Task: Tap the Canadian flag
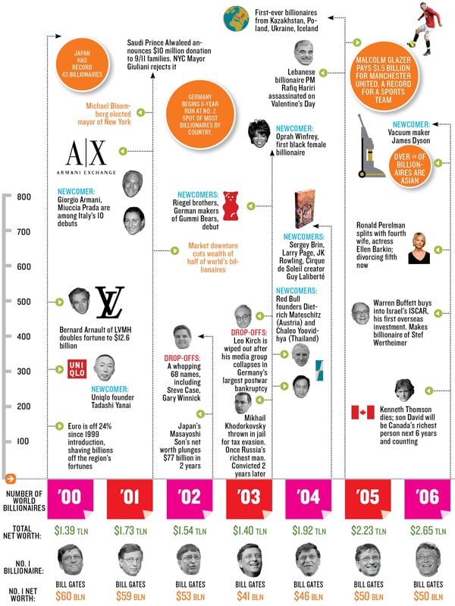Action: pyautogui.click(x=362, y=413)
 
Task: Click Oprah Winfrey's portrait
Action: pyautogui.click(x=256, y=133)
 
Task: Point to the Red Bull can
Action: pyautogui.click(x=318, y=368)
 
